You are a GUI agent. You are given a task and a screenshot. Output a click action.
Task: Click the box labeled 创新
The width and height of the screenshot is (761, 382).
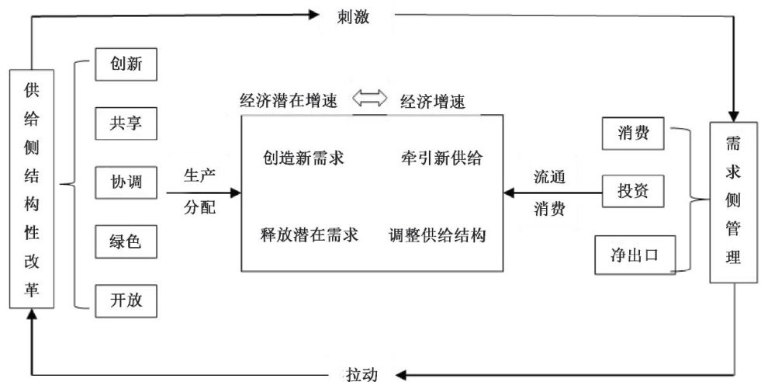(126, 64)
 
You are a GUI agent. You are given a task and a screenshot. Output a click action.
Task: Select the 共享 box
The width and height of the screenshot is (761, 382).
(126, 123)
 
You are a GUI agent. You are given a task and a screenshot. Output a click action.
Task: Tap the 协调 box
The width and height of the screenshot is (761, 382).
(126, 182)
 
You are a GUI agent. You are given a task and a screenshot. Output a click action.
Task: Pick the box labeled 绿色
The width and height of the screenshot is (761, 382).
(126, 241)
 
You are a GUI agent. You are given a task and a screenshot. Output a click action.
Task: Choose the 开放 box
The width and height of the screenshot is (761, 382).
(126, 300)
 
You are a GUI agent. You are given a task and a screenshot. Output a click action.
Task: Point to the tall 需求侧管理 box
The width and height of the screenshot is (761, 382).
(732, 203)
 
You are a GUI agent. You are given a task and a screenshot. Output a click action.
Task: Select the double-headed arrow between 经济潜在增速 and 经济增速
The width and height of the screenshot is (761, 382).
(369, 99)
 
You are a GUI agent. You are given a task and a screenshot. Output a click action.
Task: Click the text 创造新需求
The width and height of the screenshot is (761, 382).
(304, 158)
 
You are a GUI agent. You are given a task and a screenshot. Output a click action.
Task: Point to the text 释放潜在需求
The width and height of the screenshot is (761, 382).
(310, 235)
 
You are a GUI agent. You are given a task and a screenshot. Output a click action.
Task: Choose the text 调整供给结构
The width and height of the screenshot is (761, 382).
(438, 235)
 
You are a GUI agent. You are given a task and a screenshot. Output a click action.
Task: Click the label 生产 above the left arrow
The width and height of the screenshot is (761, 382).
(198, 175)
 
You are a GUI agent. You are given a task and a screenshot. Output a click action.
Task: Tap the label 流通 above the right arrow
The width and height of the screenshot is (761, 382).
(549, 175)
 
